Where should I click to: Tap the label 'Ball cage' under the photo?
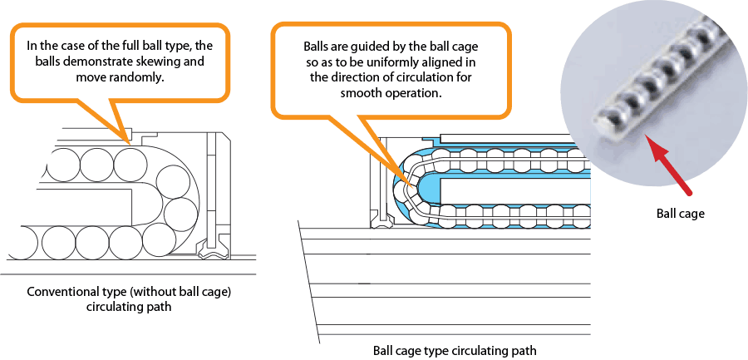(680, 214)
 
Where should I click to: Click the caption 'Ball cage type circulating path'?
(449, 350)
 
